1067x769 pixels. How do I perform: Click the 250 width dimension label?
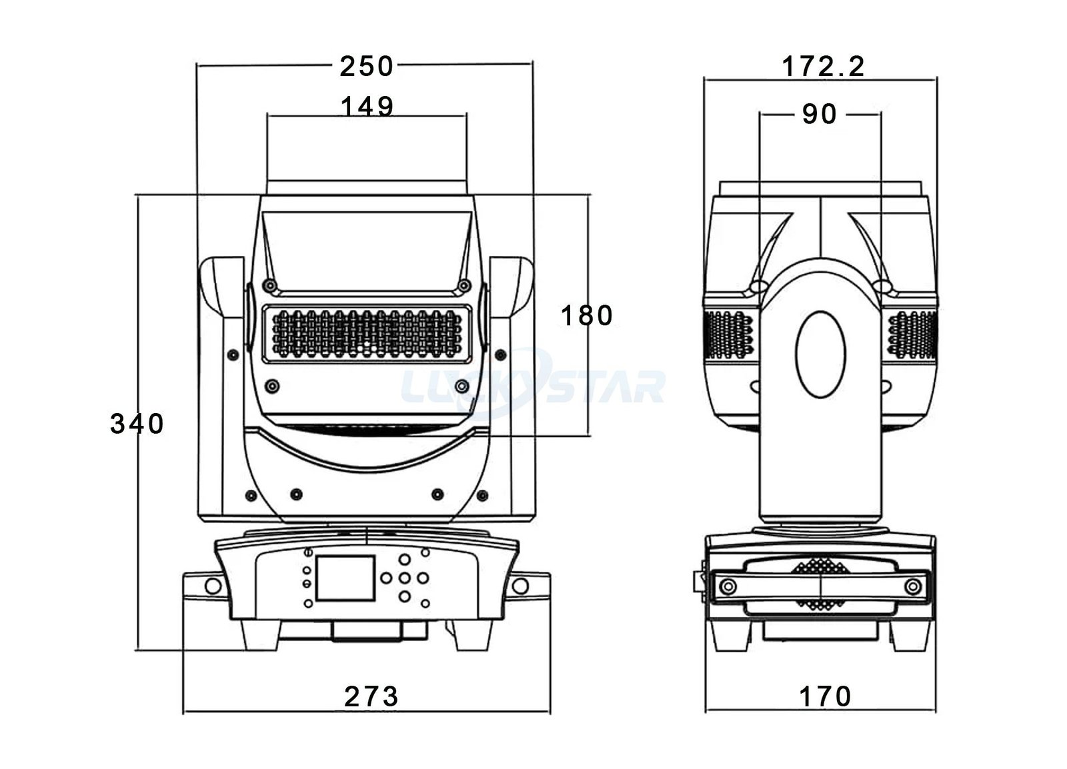coord(367,66)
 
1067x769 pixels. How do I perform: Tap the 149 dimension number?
coord(367,106)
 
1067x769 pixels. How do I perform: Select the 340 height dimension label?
coord(137,424)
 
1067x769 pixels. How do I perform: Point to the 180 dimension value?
coord(586,315)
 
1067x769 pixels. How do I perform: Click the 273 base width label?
coord(371,696)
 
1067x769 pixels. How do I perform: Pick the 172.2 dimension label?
coord(823,67)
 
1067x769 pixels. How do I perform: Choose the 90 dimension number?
coord(820,115)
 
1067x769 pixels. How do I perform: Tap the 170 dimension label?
coord(826,696)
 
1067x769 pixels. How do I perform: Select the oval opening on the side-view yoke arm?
coord(822,354)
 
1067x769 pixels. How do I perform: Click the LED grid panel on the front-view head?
coord(369,334)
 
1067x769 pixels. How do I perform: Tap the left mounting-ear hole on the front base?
coord(213,586)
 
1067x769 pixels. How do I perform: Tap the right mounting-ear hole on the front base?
coord(520,586)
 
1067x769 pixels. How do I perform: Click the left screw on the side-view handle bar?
coord(728,586)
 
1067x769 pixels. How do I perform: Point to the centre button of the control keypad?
coord(405,578)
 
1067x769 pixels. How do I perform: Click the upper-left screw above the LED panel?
coord(270,285)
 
